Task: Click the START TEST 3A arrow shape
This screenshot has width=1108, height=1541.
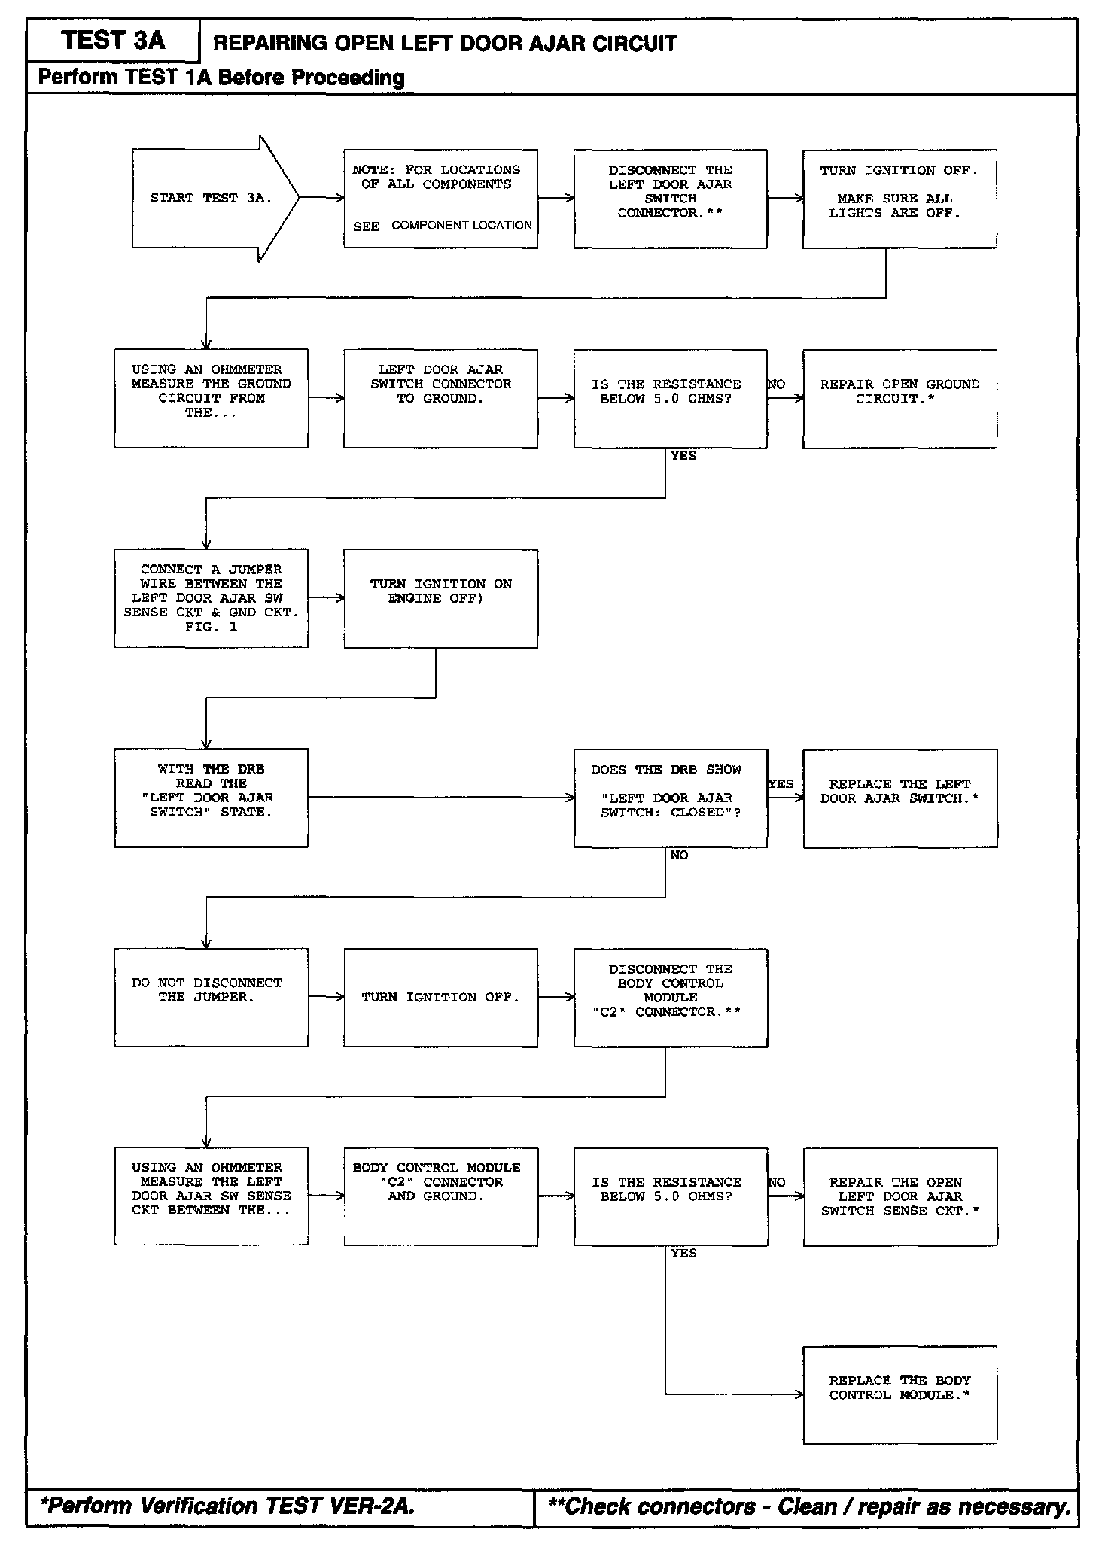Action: (211, 199)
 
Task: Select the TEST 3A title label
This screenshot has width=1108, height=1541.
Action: (113, 41)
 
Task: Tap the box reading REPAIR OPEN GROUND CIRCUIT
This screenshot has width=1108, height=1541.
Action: (899, 398)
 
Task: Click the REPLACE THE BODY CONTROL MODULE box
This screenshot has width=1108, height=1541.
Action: (899, 1394)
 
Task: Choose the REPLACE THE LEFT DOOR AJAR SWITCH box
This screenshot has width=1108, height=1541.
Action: (899, 798)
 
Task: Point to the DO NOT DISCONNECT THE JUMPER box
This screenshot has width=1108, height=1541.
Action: (211, 997)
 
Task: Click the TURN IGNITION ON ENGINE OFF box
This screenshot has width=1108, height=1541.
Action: (440, 598)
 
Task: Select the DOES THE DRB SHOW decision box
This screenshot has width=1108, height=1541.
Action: (670, 798)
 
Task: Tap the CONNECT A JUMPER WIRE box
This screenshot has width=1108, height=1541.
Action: (211, 598)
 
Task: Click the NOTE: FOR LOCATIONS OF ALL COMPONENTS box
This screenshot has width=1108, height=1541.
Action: (440, 199)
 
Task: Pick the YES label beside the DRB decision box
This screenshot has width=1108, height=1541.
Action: (781, 784)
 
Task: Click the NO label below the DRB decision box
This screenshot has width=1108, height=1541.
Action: (679, 856)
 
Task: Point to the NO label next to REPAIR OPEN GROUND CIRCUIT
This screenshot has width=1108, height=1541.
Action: (776, 384)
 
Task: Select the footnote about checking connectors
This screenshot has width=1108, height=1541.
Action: (810, 1506)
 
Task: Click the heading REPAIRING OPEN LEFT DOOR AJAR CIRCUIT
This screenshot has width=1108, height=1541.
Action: (445, 44)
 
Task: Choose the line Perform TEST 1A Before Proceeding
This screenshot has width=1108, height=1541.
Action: (221, 78)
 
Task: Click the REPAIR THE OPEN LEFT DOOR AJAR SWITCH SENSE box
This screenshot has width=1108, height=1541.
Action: (899, 1196)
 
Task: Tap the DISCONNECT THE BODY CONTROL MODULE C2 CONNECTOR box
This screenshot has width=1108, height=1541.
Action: (670, 997)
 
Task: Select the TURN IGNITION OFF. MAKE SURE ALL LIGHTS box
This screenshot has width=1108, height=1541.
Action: (899, 199)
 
